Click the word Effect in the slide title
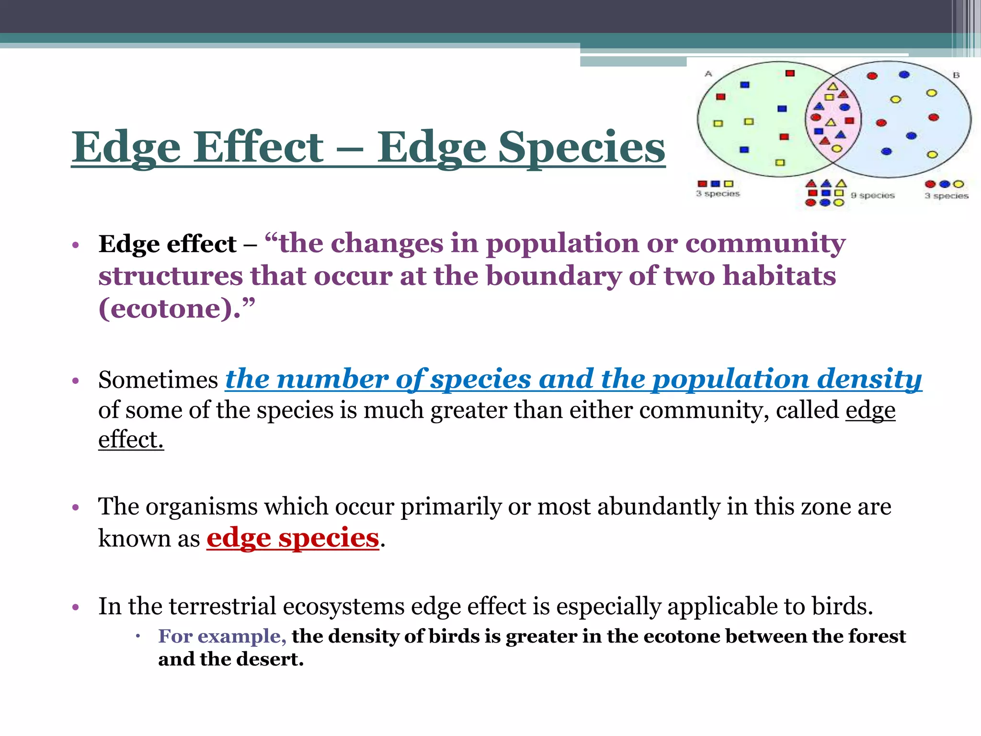(259, 147)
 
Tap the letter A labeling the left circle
(708, 74)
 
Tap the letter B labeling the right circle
(956, 75)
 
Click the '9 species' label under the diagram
(873, 195)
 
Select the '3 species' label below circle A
(718, 194)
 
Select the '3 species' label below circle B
(946, 195)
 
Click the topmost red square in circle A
(790, 73)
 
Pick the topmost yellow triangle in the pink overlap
(833, 87)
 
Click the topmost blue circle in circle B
(904, 74)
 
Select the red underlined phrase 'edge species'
(293, 538)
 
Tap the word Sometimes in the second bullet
(158, 380)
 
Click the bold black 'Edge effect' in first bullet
(167, 244)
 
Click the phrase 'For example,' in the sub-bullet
(222, 636)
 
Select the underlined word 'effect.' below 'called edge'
(131, 439)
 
